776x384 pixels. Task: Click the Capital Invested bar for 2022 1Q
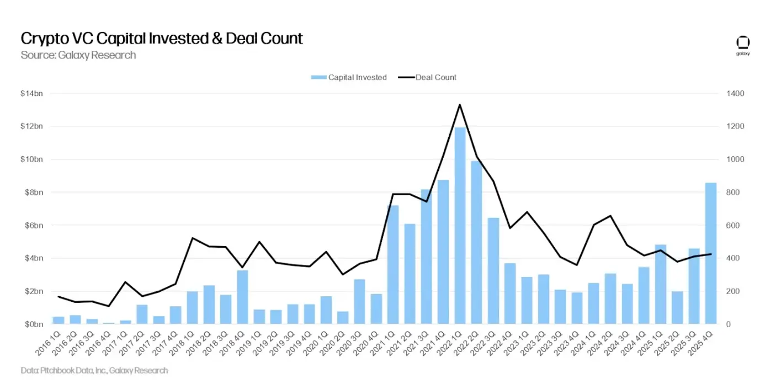point(460,226)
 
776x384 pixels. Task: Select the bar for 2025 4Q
point(711,254)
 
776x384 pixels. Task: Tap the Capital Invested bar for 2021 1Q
point(393,265)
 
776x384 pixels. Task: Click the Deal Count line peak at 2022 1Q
point(460,104)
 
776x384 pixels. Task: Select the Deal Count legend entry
point(428,77)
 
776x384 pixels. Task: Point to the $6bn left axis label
point(33,226)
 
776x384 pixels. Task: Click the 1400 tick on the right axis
point(736,94)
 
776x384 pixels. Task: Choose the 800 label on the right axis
point(734,193)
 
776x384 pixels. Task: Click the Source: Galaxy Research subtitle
point(78,55)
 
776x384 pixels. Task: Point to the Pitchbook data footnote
point(94,371)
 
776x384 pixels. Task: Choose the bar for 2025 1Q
point(661,284)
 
